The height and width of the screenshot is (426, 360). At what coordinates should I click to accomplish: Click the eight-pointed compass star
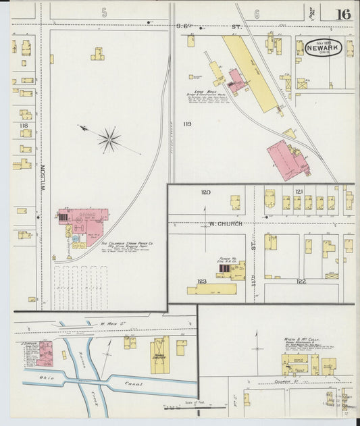[x=109, y=140]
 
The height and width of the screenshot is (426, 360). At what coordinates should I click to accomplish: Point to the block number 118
[x=24, y=126]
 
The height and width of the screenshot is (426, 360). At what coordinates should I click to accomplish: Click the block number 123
[x=201, y=281]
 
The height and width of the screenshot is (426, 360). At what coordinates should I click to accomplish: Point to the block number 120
[x=205, y=192]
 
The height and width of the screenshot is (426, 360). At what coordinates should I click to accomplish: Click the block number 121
[x=299, y=192]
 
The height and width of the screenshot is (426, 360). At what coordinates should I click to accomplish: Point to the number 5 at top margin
[x=104, y=12]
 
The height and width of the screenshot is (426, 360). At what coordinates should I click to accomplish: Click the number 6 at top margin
[x=257, y=12]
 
